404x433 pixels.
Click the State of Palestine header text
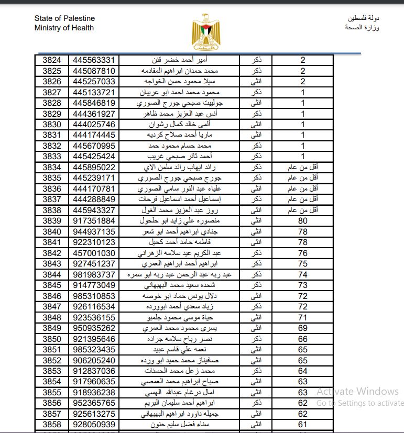click(x=64, y=19)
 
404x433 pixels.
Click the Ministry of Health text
click(x=64, y=28)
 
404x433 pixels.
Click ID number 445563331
click(x=94, y=60)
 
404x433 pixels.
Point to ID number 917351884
click(x=94, y=221)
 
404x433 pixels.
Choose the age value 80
click(x=303, y=221)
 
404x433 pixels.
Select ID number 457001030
click(x=94, y=253)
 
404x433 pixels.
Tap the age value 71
click(x=303, y=317)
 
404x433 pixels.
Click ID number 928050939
click(x=94, y=424)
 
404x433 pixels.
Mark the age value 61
click(x=303, y=424)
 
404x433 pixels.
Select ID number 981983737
click(x=94, y=274)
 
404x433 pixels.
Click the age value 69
click(x=303, y=328)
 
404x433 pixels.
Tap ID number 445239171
click(x=94, y=178)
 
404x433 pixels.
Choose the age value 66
click(x=303, y=339)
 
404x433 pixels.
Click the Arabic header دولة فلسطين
click(x=363, y=18)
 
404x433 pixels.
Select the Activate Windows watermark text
click(x=358, y=391)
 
